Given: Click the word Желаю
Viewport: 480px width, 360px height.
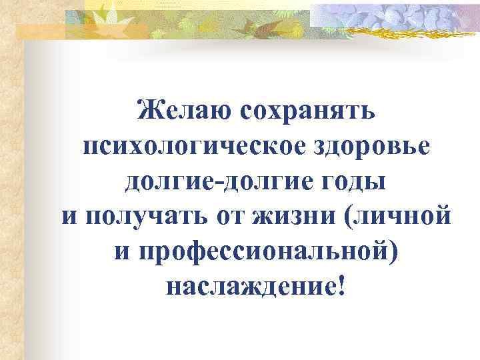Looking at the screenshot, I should click(177, 109).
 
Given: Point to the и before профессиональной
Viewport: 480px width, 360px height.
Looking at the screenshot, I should click(114, 253).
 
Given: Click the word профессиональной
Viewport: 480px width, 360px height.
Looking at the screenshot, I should click(258, 253).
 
